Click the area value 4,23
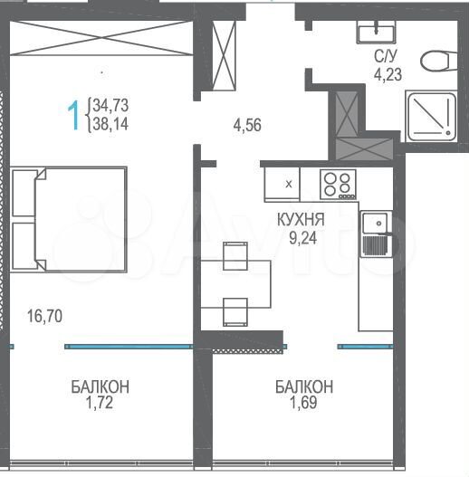pos(388,75)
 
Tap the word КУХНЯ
pos(302,217)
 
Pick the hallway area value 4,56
pos(247,127)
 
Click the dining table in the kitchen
pos(235,283)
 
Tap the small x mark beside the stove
pos(289,184)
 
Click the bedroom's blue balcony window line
pos(127,346)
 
